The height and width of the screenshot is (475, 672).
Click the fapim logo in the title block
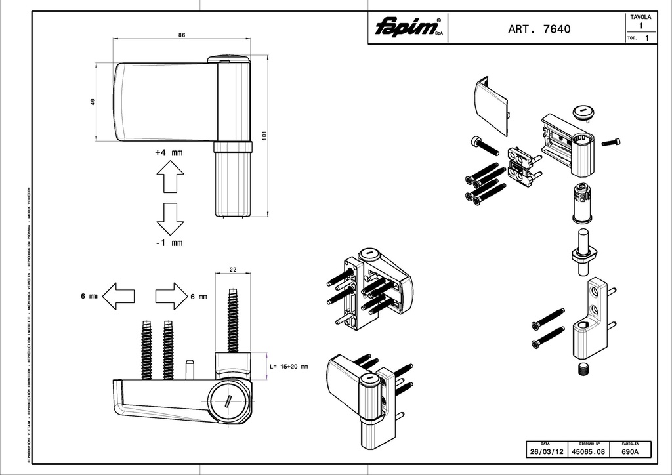tap(407, 28)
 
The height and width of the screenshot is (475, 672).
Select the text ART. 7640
tap(539, 29)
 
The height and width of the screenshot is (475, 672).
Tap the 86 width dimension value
tap(181, 35)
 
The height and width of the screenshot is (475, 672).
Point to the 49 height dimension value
tap(93, 102)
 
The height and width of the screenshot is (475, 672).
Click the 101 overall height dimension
tap(264, 135)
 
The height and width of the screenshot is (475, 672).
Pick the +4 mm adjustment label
tap(169, 152)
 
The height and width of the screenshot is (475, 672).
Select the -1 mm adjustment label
tap(169, 243)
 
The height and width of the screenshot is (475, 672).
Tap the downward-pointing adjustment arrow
tap(169, 218)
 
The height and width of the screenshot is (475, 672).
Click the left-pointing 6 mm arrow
tap(119, 296)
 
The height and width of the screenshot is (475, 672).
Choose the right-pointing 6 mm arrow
tap(171, 296)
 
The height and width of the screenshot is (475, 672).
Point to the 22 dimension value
tap(233, 270)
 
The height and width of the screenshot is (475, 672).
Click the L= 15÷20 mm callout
tap(289, 366)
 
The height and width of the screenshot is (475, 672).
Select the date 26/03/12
tap(547, 452)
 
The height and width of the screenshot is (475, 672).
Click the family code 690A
tap(631, 452)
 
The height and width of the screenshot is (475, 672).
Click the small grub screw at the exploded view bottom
tap(583, 370)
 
